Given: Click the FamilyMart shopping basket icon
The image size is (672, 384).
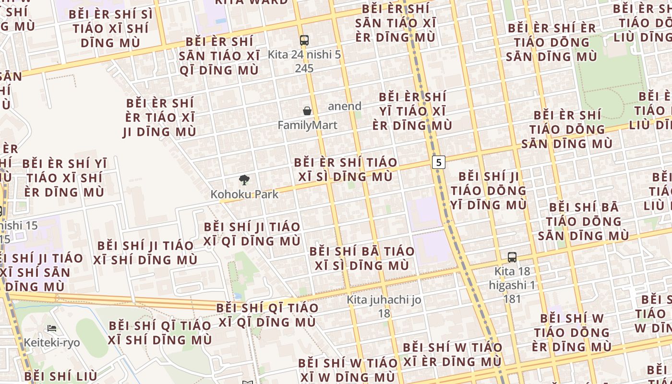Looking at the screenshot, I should coord(307,111).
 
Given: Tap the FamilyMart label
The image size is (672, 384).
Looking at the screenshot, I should coord(308,125).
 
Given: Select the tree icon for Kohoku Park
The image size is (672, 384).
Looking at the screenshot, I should coord(244,180).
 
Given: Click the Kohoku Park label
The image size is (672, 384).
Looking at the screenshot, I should coord(245,194).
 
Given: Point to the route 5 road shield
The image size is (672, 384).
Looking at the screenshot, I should coord(438,162).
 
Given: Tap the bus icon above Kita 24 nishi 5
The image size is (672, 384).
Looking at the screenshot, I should coord(304,40).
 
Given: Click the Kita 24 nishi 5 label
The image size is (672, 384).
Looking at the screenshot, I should coord(304,55).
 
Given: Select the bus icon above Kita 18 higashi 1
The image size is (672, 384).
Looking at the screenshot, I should coord(512,257).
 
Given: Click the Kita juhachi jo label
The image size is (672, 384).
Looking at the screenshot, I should coord(384,300).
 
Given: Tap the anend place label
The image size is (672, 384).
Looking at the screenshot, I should coord(345,106).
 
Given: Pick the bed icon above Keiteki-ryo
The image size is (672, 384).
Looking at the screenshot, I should coord(52,329).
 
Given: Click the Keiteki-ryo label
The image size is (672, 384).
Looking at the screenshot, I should coord(52,343).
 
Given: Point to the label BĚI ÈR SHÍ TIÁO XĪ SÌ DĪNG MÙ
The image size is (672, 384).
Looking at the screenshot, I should coord(346,169).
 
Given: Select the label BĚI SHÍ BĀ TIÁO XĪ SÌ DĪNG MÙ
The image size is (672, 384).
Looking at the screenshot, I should coord(362,258).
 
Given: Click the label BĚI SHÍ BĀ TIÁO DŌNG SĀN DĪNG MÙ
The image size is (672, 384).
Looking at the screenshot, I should coord(584,221).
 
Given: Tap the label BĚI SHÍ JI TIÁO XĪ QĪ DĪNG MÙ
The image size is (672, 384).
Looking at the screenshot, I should coord(252,234).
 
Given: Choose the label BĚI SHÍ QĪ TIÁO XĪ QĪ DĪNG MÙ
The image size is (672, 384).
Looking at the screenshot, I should coord(267,315).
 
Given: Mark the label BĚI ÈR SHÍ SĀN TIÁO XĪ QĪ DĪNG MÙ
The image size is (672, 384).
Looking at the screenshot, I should coord(219,56).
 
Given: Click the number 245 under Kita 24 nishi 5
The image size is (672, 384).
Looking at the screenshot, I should coord(304,69).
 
